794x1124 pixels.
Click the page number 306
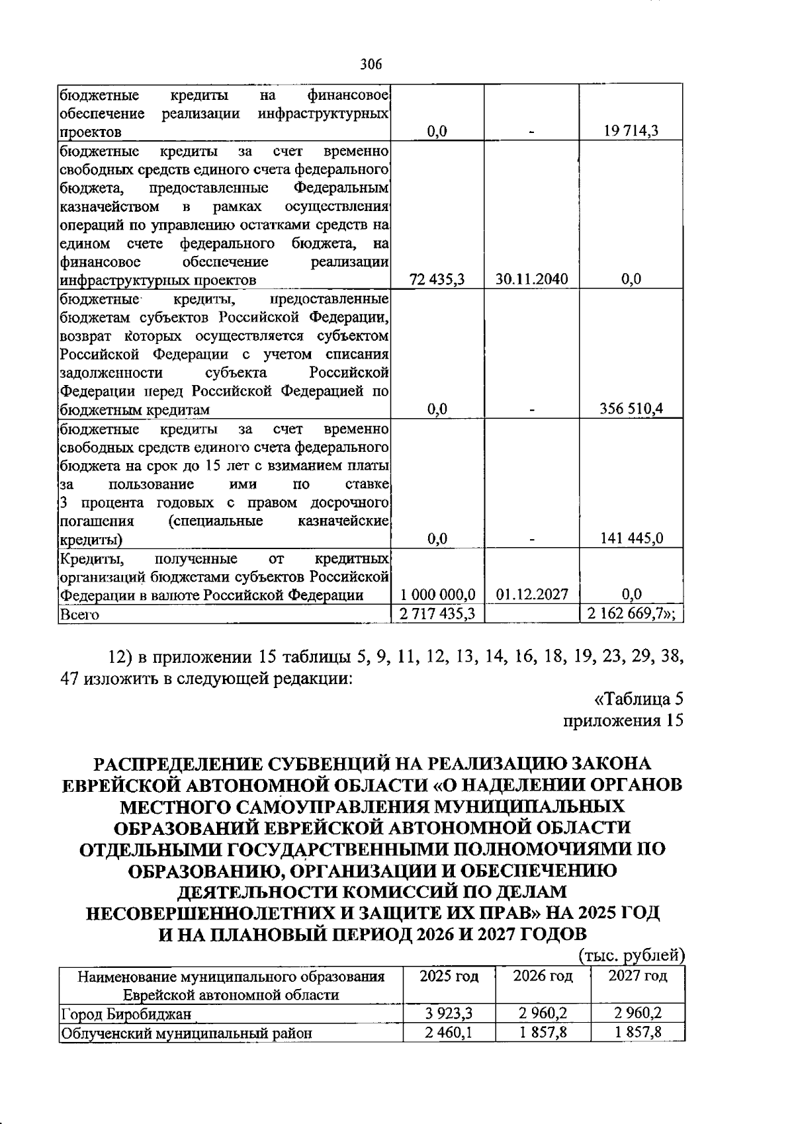pyautogui.click(x=371, y=65)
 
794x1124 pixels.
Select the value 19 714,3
pyautogui.click(x=631, y=131)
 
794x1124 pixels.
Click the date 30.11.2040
pyautogui.click(x=532, y=279)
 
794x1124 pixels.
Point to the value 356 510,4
pyautogui.click(x=631, y=410)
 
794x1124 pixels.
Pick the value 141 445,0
pyautogui.click(x=631, y=539)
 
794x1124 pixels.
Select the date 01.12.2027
pyautogui.click(x=532, y=594)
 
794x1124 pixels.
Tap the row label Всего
pyautogui.click(x=79, y=615)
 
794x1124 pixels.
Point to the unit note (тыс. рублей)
pyautogui.click(x=631, y=955)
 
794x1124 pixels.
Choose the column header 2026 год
pyautogui.click(x=543, y=976)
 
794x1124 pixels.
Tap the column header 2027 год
pyautogui.click(x=637, y=976)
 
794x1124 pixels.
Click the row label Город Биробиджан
pyautogui.click(x=126, y=1014)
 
